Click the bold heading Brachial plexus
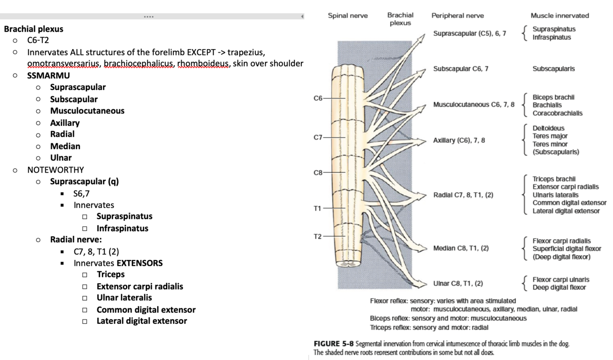click(x=34, y=29)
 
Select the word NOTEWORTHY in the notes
click(x=56, y=169)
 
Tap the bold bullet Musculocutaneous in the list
click(x=87, y=111)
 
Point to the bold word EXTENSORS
click(x=139, y=263)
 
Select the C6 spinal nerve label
click(x=318, y=98)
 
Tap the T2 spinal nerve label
click(x=318, y=236)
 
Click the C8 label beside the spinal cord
click(x=318, y=173)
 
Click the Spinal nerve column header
click(x=347, y=16)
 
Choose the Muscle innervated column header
click(x=559, y=16)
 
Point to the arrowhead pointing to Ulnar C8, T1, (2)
click(x=425, y=282)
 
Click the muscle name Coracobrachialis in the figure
click(x=557, y=113)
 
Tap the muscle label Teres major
click(x=550, y=136)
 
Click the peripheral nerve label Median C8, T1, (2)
click(x=461, y=248)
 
